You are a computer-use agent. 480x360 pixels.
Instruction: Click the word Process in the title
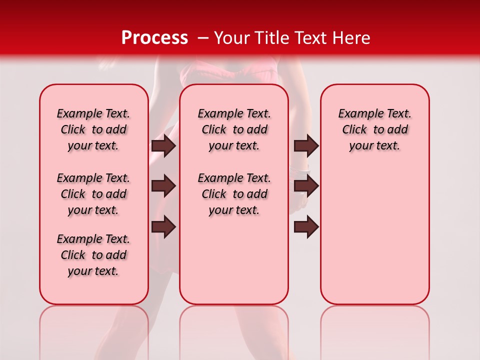point(154,38)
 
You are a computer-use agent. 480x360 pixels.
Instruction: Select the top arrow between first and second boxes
point(163,145)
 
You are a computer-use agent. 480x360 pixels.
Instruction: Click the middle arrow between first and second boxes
point(163,186)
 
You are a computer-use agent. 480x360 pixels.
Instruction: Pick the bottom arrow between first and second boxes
point(163,227)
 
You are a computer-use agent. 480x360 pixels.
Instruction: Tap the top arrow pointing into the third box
point(306,145)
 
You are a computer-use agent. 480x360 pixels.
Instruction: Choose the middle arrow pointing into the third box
point(306,186)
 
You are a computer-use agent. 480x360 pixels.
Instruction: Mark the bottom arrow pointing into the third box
point(306,227)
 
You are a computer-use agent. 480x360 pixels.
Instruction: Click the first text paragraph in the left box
point(93,129)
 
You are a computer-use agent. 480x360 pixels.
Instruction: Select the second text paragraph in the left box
point(93,194)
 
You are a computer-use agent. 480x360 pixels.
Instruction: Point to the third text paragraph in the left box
point(93,255)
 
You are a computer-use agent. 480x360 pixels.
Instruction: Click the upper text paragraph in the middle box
point(234,129)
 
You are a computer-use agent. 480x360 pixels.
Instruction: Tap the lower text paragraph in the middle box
point(234,194)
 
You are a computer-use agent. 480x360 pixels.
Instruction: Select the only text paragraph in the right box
point(374,129)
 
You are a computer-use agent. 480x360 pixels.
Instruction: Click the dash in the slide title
point(203,38)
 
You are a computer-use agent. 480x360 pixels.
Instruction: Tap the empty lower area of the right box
point(374,240)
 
